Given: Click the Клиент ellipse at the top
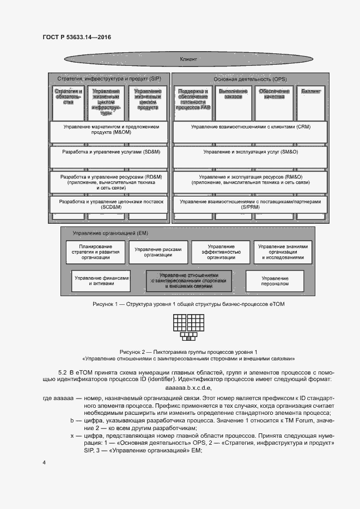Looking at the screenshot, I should (x=188, y=58).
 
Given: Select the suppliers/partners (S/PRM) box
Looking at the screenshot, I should (x=250, y=205).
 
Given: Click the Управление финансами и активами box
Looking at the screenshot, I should (x=102, y=281).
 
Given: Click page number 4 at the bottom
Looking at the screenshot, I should (x=44, y=463).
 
